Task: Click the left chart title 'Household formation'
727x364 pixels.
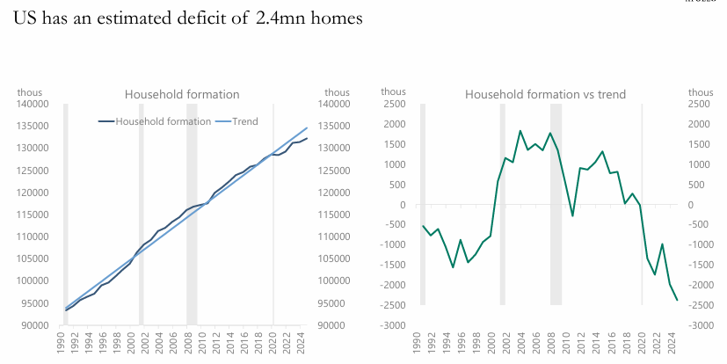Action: coord(182,94)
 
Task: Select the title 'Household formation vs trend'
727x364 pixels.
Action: coord(545,94)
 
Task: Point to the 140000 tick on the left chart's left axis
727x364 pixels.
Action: coord(33,104)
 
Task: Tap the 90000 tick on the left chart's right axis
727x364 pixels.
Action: coord(338,325)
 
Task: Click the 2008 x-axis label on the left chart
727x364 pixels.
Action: coord(192,342)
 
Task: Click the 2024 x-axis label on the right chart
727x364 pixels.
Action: coord(668,342)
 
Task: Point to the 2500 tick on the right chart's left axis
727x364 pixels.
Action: coord(394,104)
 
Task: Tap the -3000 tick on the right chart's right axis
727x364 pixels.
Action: coord(700,325)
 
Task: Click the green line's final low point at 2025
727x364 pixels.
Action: coord(678,301)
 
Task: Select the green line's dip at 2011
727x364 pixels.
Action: coord(573,215)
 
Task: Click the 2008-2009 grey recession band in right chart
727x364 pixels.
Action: coord(556,264)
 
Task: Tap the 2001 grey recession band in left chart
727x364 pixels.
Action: coord(141,264)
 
